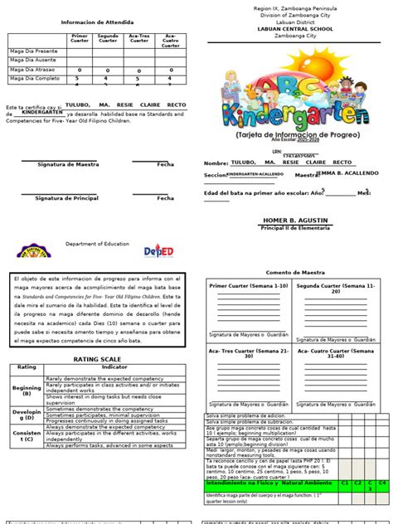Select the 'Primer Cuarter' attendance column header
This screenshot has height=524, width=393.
80,39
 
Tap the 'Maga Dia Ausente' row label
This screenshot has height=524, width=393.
32,60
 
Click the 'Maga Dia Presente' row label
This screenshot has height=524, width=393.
33,50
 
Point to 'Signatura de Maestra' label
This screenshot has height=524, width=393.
62,165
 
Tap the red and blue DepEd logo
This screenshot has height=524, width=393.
159,250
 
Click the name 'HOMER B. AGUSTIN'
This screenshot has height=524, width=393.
295,221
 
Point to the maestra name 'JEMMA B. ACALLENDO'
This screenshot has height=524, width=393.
347,173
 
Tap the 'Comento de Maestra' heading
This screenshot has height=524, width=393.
295,272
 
